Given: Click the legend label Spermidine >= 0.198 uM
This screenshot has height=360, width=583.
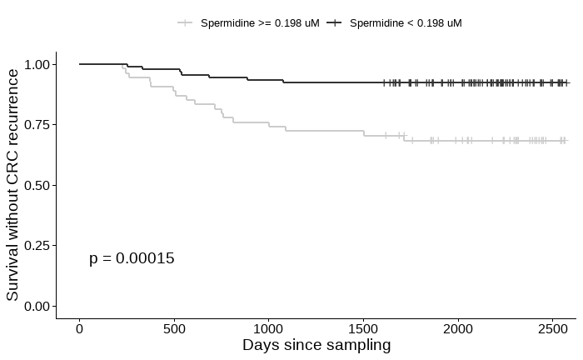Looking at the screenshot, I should [x=259, y=23].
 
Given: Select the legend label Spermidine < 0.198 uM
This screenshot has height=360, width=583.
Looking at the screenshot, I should [x=406, y=23].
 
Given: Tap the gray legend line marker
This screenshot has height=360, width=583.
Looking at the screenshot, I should [x=185, y=23].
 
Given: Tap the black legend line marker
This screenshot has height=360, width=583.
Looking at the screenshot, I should [x=334, y=23].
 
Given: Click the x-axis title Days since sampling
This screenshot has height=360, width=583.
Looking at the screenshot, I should [x=316, y=345].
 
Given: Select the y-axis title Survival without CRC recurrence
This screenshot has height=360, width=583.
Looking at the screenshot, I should [x=12, y=185].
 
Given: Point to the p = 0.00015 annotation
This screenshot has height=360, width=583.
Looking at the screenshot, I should [x=132, y=258].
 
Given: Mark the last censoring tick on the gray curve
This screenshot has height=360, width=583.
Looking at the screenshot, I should [x=565, y=141].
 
